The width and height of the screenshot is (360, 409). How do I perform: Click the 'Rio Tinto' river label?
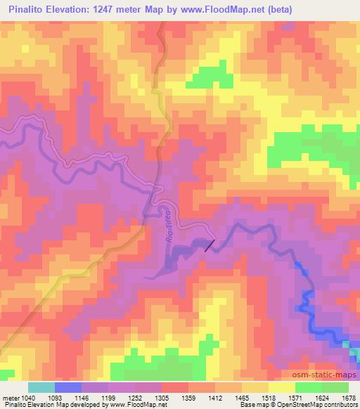[169, 223]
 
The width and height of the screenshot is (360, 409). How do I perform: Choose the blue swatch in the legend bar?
[67, 387]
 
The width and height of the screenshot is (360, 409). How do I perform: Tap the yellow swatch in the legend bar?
[281, 387]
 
